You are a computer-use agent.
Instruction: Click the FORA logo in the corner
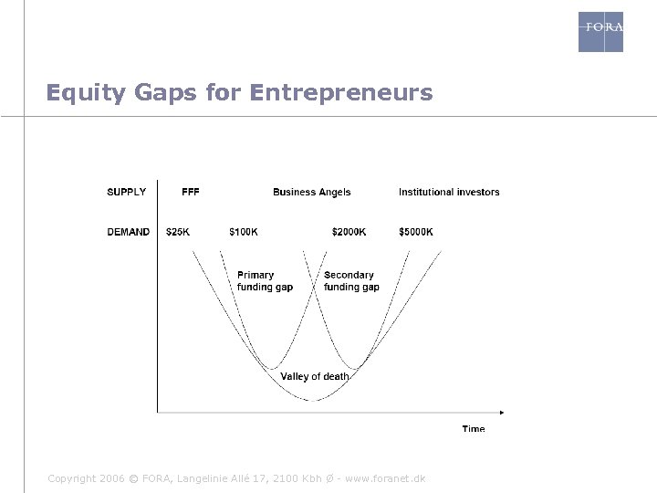point(600,31)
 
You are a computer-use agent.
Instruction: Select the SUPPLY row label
point(127,192)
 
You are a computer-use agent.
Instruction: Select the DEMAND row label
point(128,232)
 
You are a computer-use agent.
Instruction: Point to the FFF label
point(191,192)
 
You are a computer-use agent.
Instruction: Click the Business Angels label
point(311,192)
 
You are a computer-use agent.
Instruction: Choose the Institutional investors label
point(449,192)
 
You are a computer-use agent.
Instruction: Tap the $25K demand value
point(178,232)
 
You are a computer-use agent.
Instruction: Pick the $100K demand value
point(243,232)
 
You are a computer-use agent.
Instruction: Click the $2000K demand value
point(349,232)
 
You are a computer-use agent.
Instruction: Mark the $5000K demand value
point(416,232)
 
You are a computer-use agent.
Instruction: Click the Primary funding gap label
point(264,281)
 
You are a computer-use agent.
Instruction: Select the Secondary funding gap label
point(351,281)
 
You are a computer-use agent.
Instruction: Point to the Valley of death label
point(314,376)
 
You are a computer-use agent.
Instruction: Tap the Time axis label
point(473,429)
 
